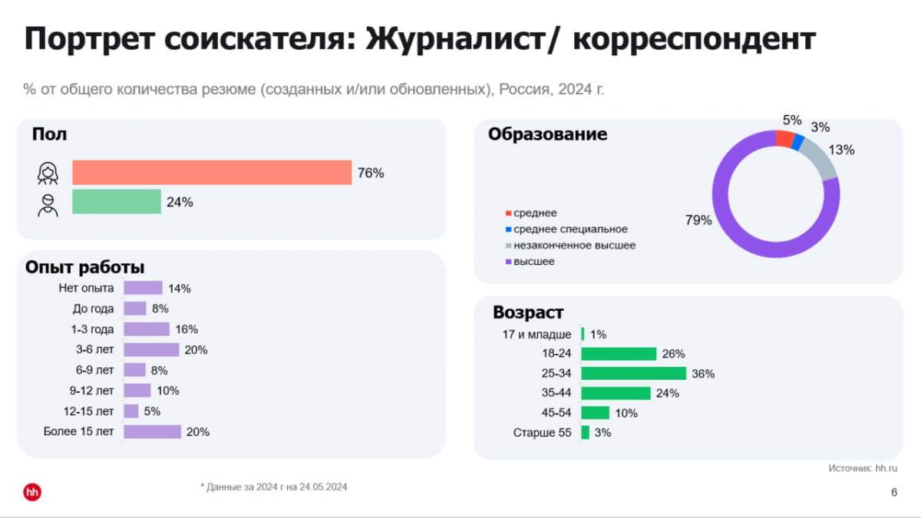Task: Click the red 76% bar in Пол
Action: pos(212,173)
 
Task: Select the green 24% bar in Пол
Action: pos(117,202)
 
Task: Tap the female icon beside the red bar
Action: pos(48,174)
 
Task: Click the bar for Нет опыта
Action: pos(143,288)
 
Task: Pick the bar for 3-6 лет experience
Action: pos(151,350)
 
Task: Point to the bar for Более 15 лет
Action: pos(152,431)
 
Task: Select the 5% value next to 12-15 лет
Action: pos(152,411)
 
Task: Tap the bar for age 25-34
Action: pos(633,374)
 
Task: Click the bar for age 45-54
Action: pos(595,413)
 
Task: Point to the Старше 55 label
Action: pos(542,433)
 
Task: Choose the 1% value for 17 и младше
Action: pos(599,335)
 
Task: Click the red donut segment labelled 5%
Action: pos(784,138)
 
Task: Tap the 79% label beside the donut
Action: pos(698,220)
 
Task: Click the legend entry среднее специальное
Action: pos(570,229)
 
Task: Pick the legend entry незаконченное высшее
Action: pos(574,246)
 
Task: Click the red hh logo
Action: pos(32,492)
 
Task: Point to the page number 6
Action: pos(894,493)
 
